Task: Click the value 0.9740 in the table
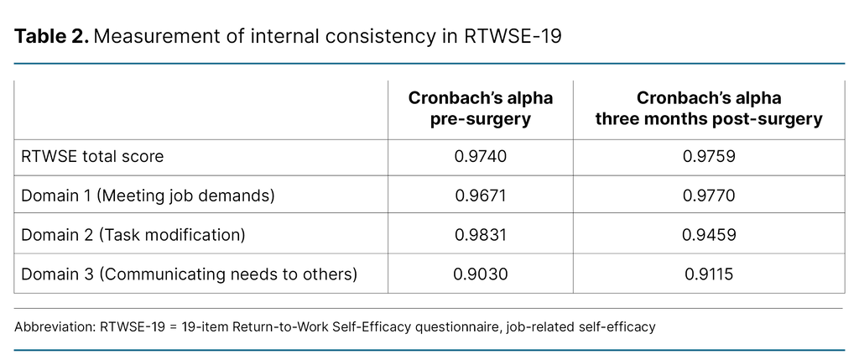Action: [480, 157]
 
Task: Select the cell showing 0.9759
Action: [709, 157]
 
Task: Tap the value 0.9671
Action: [480, 196]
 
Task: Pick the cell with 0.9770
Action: [709, 196]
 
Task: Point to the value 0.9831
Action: [480, 235]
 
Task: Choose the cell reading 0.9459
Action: [709, 235]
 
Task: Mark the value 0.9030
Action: [480, 274]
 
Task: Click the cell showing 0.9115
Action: [709, 274]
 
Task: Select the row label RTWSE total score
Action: [92, 157]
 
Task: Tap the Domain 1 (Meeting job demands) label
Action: [147, 196]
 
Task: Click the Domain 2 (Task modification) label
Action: [133, 235]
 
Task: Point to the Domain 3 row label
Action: [189, 274]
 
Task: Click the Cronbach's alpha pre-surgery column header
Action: [480, 109]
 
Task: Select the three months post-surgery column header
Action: [709, 109]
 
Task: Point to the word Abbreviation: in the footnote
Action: [54, 327]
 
